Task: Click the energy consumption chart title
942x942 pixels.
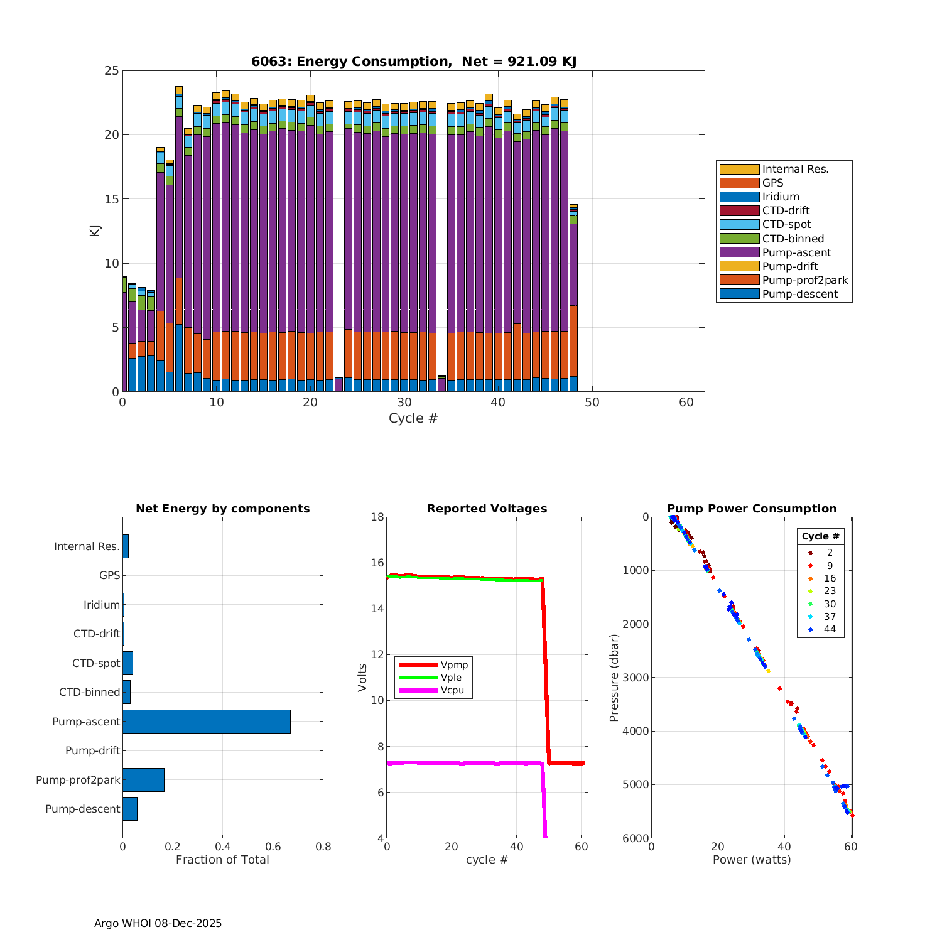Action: pos(414,62)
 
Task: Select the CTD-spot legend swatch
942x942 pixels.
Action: pos(739,224)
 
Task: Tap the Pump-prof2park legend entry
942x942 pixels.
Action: pos(804,280)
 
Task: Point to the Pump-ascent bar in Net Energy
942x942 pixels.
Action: pos(206,722)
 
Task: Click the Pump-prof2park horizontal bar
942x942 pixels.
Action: pos(143,780)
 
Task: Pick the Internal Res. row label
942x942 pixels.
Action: pos(87,546)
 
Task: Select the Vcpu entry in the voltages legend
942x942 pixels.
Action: pos(452,690)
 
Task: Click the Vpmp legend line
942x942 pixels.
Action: pos(418,664)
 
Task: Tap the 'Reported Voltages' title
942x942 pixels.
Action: pos(487,509)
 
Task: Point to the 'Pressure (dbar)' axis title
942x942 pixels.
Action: pos(614,678)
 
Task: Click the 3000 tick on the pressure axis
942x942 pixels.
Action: pos(637,678)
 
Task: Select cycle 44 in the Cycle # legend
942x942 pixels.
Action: pos(830,629)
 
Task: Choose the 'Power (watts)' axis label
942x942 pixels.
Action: pos(752,860)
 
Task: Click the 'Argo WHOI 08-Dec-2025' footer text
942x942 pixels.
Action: pos(158,923)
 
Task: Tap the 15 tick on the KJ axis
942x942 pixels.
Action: pos(112,199)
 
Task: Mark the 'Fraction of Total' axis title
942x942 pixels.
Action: pos(222,860)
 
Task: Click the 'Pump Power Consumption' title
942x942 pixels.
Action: pos(752,509)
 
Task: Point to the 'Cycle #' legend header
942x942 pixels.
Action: pos(820,536)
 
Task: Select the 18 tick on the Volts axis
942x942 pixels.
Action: pos(377,517)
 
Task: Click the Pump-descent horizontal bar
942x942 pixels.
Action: pos(130,809)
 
